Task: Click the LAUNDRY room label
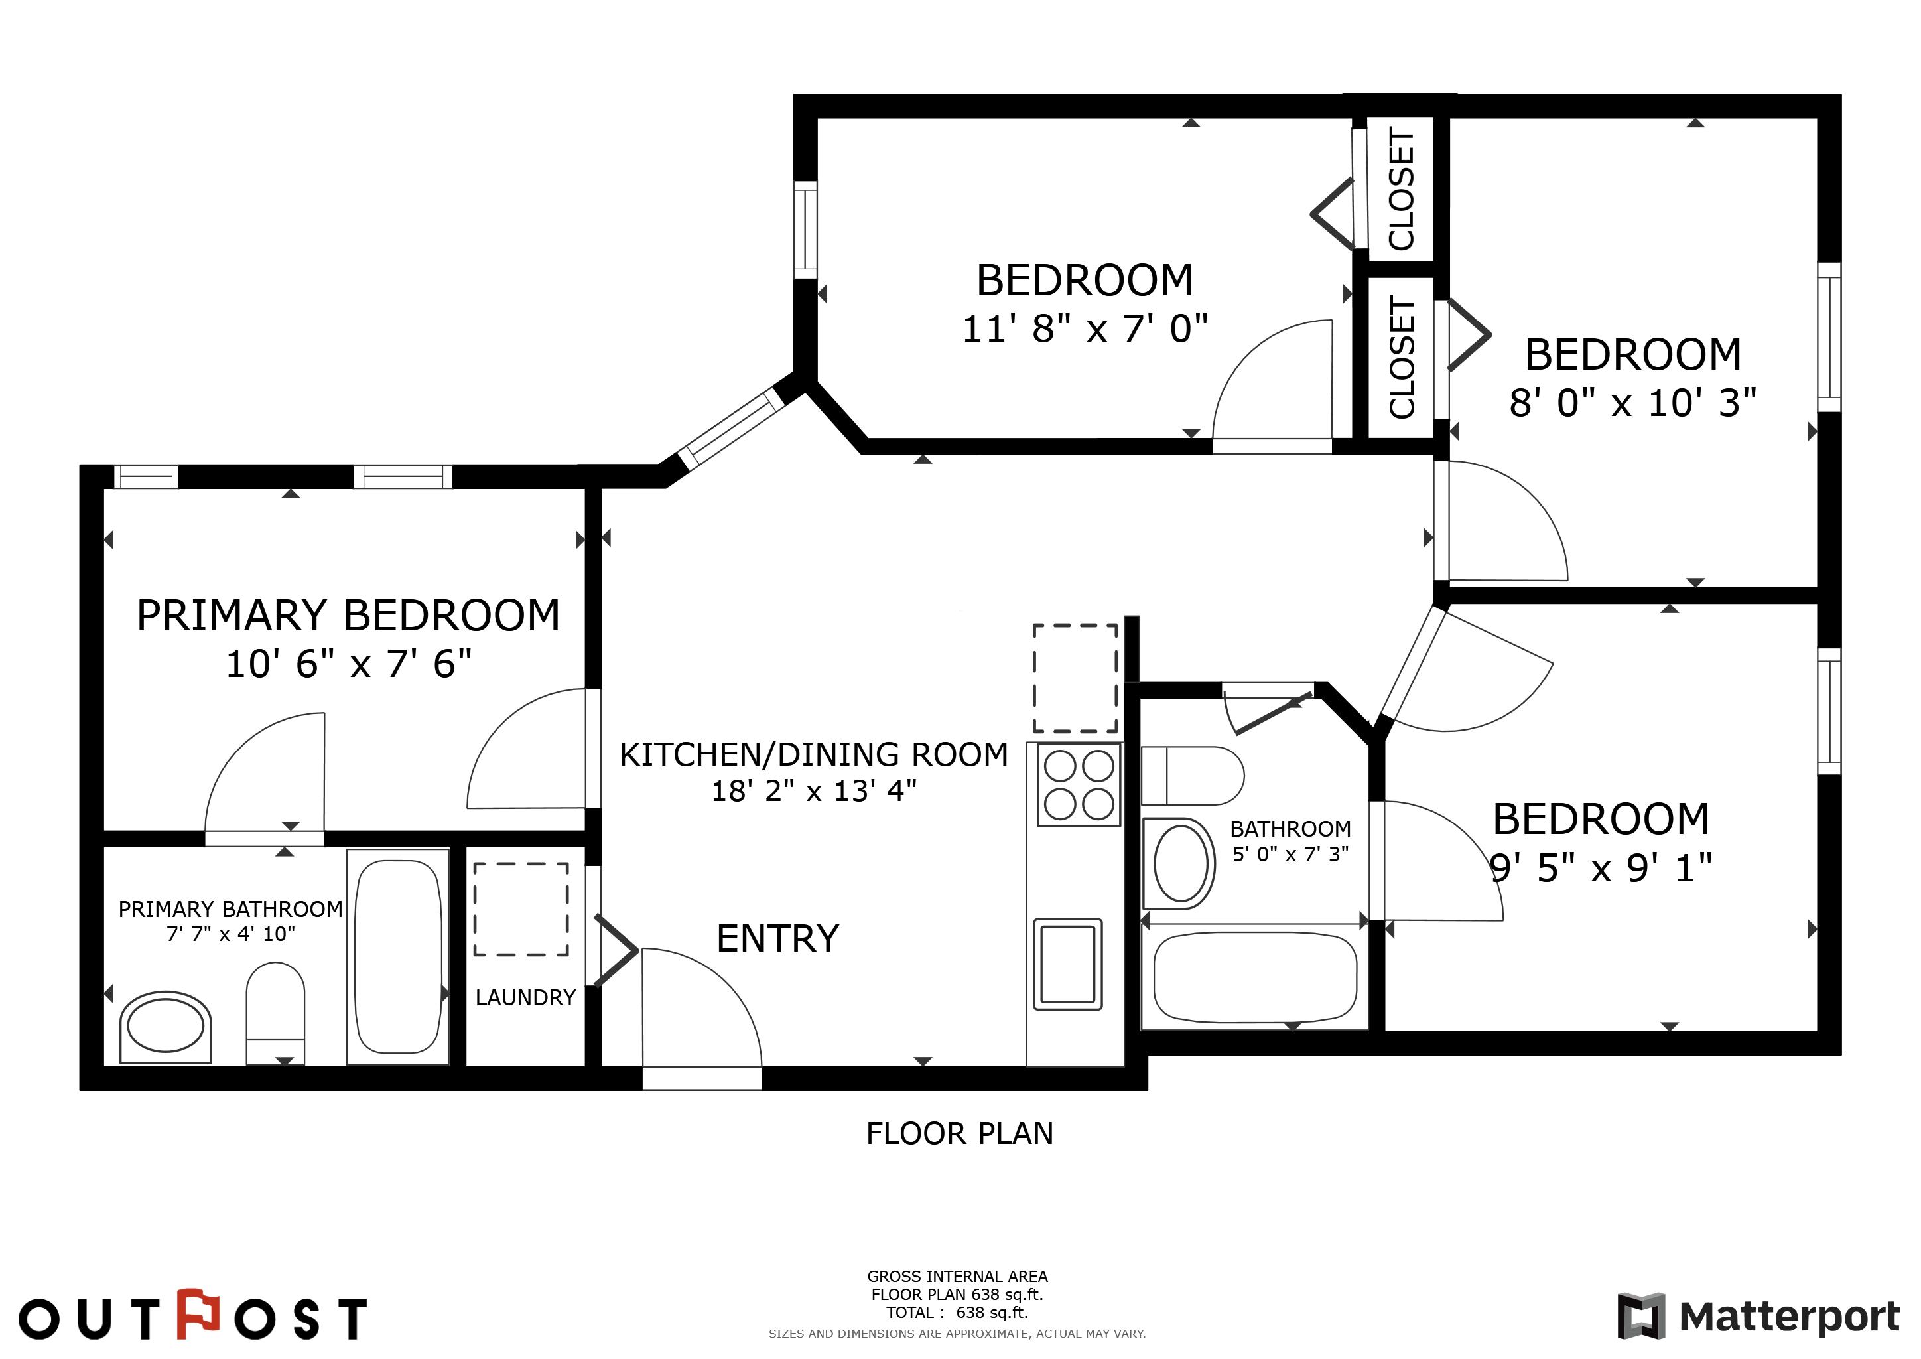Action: click(x=525, y=997)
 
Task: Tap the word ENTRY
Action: click(x=778, y=939)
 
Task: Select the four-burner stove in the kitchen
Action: click(x=1079, y=785)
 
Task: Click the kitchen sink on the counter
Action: click(x=1067, y=964)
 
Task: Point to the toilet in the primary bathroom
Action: click(x=275, y=1013)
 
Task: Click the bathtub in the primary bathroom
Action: click(x=398, y=956)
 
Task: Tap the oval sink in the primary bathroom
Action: click(x=166, y=1027)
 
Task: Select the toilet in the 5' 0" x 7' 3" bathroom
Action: click(x=1192, y=776)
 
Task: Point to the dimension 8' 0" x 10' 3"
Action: click(x=1632, y=403)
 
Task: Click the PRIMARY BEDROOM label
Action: click(x=348, y=615)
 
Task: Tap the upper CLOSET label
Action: click(x=1402, y=189)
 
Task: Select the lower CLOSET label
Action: click(x=1402, y=357)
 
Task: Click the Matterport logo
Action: click(x=1758, y=1317)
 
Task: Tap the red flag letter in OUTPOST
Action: click(x=198, y=1314)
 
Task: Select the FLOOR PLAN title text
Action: click(x=960, y=1134)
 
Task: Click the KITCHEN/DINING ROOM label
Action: click(x=814, y=754)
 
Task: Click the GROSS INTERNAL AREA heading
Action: click(x=957, y=1276)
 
